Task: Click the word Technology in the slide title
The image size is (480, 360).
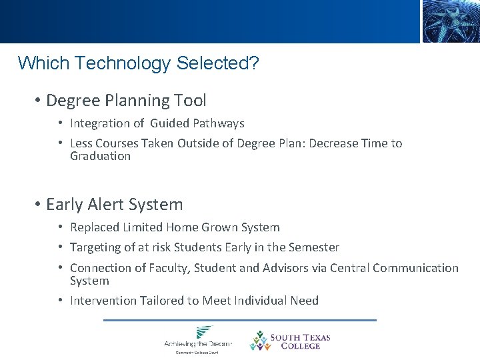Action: [x=125, y=63]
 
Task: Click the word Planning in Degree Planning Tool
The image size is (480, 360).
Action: [x=137, y=101]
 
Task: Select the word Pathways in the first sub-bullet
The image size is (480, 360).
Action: [x=219, y=123]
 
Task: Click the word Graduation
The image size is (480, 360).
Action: [x=101, y=156]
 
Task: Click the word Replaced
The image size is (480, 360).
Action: [x=94, y=228]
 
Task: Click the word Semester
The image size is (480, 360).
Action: [x=313, y=248]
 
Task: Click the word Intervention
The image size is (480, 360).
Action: [x=103, y=301]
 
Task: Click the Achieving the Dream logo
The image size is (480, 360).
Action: [x=198, y=339]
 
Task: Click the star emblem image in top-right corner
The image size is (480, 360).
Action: [x=450, y=21]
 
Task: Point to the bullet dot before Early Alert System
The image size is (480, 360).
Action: [x=38, y=205]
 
